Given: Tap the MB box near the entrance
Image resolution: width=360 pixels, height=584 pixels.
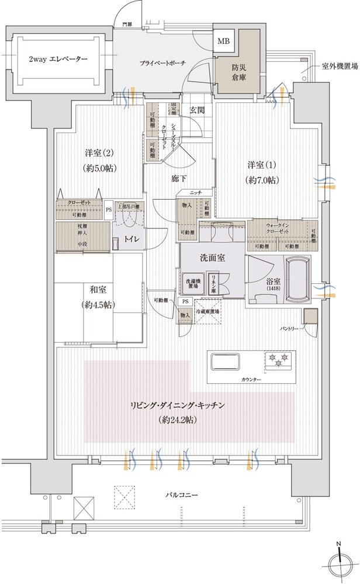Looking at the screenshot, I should pos(224,41).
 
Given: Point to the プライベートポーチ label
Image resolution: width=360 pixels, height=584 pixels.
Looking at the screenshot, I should pos(162,63).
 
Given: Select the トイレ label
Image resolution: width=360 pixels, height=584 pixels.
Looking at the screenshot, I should pos(129,240).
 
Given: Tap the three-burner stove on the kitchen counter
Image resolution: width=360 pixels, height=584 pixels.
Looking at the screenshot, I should pos(278,361).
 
